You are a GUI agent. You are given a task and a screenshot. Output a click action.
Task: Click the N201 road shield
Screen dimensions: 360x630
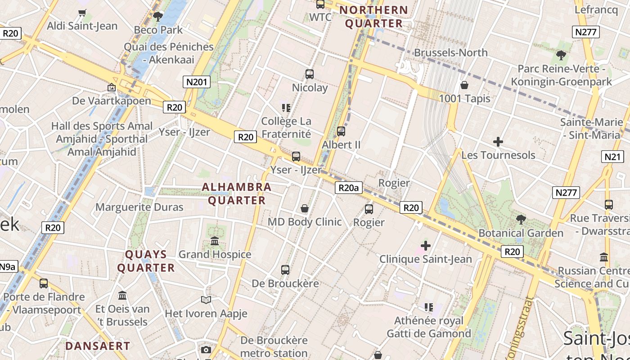(197, 81)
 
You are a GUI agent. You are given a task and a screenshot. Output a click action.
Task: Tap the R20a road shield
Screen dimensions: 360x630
(348, 188)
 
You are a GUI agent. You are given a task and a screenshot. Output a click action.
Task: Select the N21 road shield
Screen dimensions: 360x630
(612, 157)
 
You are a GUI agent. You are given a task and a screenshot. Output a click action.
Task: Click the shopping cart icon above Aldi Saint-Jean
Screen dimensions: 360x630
(82, 13)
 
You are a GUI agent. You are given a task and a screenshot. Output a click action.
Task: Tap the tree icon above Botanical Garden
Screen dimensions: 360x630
(521, 220)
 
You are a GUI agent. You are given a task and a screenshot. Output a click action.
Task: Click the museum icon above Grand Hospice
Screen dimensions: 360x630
(215, 241)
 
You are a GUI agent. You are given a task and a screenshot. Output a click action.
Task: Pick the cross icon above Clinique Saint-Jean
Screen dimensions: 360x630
(425, 246)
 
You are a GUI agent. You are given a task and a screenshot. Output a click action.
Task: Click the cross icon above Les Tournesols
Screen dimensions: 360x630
(498, 142)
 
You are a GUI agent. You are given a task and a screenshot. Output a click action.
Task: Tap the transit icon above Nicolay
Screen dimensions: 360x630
(310, 74)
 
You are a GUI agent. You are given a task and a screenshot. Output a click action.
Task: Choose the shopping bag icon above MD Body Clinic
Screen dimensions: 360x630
(305, 208)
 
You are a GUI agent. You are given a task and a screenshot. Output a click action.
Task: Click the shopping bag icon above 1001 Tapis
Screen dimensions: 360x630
(464, 85)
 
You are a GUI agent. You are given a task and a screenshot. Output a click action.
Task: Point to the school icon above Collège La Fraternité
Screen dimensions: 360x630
(286, 108)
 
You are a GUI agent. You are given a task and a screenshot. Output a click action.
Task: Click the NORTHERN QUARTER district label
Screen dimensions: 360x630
(373, 17)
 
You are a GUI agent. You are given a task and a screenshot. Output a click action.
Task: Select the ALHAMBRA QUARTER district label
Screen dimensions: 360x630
(237, 193)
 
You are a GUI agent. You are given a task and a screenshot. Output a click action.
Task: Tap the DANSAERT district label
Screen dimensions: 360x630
(98, 346)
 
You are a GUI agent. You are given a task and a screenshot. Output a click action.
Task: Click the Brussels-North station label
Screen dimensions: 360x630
(450, 53)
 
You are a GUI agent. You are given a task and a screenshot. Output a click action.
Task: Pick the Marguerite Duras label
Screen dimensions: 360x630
(139, 207)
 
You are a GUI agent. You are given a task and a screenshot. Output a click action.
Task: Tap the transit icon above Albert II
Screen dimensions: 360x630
(341, 131)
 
